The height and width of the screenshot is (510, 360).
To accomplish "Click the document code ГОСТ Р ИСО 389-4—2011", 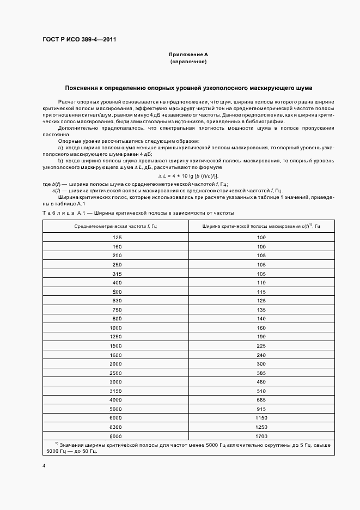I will point(79,40).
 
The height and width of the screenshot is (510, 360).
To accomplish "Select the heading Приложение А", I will point(188,55).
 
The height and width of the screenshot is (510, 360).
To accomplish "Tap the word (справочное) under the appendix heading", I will point(188,62).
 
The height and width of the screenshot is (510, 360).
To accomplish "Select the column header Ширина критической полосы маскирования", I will point(261,226).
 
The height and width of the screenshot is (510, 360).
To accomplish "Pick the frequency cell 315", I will point(117,274).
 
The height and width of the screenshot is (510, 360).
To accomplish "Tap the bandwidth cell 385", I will point(261,373).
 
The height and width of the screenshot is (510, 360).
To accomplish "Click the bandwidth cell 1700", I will point(261,436).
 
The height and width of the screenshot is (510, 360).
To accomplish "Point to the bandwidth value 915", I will point(261,409).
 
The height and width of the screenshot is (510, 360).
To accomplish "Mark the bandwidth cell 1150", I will point(261,418).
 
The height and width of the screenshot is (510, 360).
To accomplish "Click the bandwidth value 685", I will point(261,400).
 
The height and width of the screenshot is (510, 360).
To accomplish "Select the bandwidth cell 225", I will point(261,345).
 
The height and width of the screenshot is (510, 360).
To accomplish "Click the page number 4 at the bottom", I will point(44,466).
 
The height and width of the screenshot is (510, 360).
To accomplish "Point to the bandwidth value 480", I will point(261,382).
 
